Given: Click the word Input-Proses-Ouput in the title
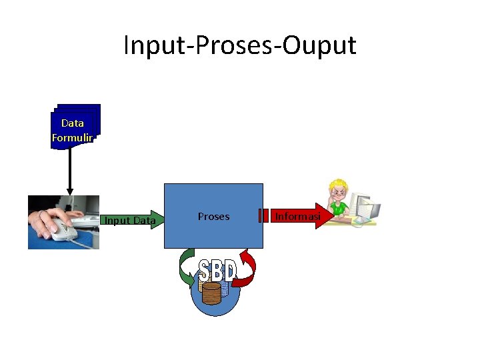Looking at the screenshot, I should point(240,45).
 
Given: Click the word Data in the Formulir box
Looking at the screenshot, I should point(72,123).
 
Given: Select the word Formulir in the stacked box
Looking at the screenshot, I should point(72,138).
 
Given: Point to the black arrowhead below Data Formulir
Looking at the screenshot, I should point(70,191).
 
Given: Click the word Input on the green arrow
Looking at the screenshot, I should point(117,221).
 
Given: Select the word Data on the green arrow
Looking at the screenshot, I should point(143,221).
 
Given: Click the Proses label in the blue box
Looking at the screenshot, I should point(213,216).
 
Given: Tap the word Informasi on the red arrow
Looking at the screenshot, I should point(298,216).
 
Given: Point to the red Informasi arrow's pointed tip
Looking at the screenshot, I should point(331,215).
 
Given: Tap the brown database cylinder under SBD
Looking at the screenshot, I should point(211,293).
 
